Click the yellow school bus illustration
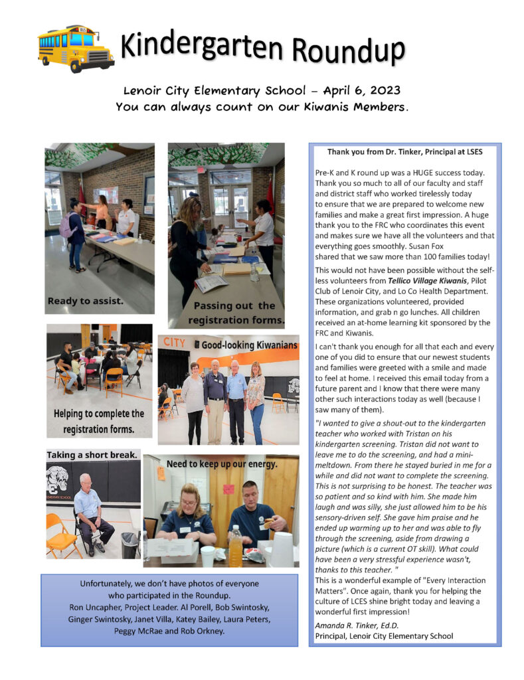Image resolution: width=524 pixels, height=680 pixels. tap(76, 48)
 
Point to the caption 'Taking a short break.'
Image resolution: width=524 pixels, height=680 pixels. tap(92, 454)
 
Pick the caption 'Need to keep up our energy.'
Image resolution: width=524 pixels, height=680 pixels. tap(221, 464)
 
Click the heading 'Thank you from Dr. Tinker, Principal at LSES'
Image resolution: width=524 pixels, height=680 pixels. tap(404, 151)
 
